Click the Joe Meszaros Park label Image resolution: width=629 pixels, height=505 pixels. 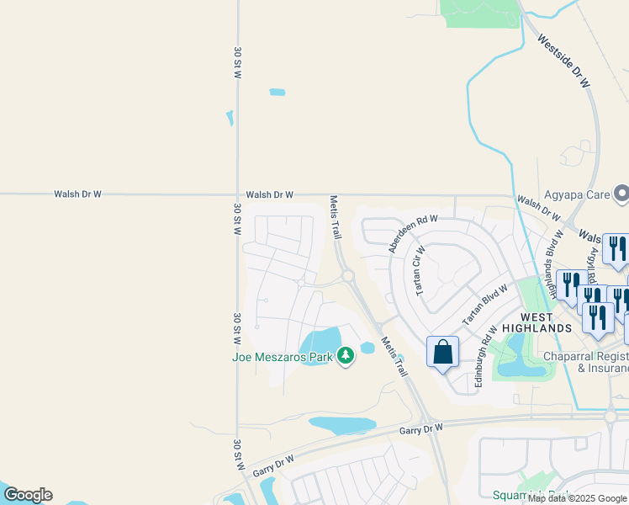[x=283, y=357]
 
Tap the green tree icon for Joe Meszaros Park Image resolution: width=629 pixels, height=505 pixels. [x=345, y=357]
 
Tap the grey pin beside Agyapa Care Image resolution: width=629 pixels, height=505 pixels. [x=621, y=194]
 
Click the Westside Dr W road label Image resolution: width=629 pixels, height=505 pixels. [x=563, y=62]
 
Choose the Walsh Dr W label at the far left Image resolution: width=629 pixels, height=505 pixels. [x=77, y=194]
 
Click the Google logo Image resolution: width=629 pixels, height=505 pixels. [x=28, y=495]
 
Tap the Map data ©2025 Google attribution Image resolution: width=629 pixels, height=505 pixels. [x=577, y=498]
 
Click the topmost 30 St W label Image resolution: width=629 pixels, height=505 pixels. [x=238, y=63]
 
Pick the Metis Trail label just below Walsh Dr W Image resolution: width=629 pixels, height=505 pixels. [x=336, y=217]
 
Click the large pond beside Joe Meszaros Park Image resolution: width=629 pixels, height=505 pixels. [x=320, y=344]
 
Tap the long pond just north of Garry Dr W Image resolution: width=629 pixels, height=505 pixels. [x=341, y=425]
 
